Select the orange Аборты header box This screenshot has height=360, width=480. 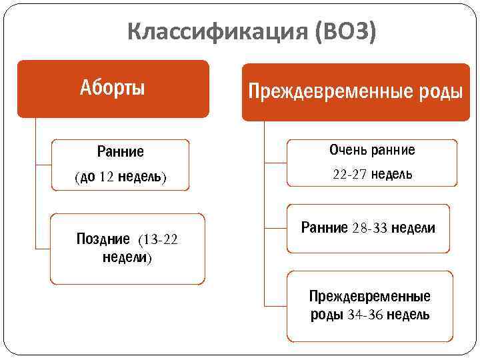(x=113, y=88)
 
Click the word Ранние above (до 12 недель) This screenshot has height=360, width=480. (x=120, y=151)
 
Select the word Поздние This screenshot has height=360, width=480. (x=104, y=239)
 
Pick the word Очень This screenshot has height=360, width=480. (x=346, y=150)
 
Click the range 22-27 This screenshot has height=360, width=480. (x=349, y=175)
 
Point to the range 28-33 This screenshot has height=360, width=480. (x=369, y=228)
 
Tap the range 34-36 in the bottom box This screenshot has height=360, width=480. (x=365, y=315)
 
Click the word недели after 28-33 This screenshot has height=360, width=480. (x=413, y=228)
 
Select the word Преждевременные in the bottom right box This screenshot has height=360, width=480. (x=369, y=296)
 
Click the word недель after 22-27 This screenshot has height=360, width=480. (x=391, y=175)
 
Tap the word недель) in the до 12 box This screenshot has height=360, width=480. (x=143, y=177)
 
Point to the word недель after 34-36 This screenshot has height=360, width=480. (x=408, y=315)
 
